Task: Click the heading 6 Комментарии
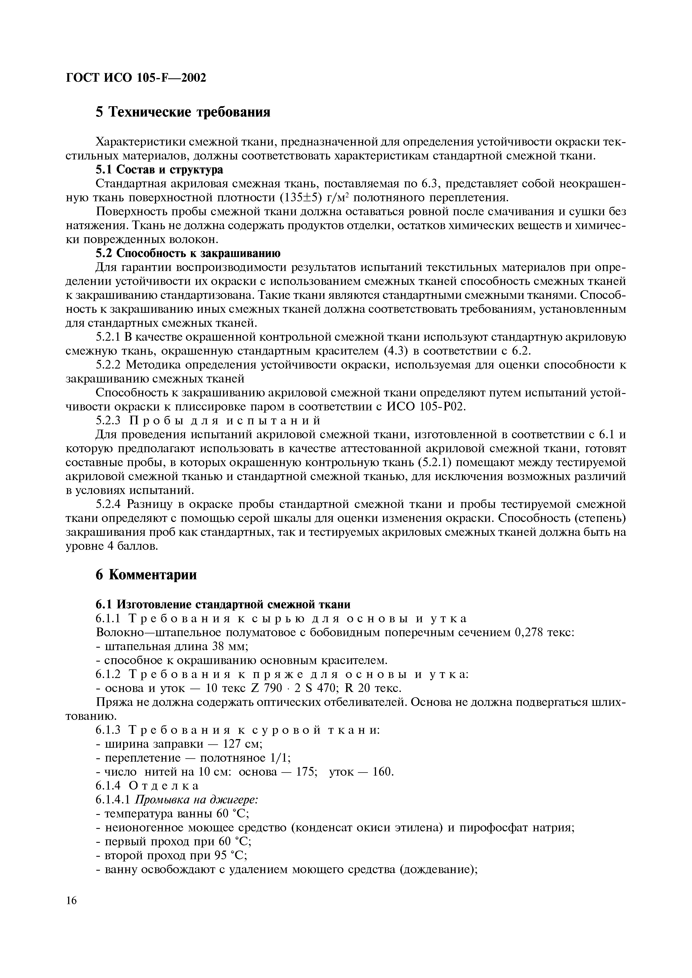(146, 575)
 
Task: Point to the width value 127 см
(242, 744)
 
